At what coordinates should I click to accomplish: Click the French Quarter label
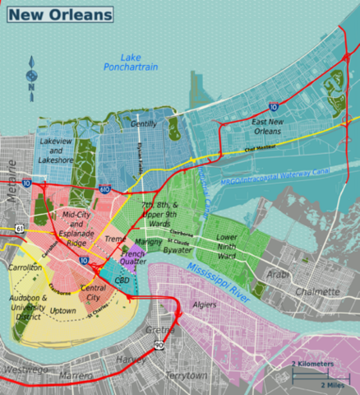[133, 260]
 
